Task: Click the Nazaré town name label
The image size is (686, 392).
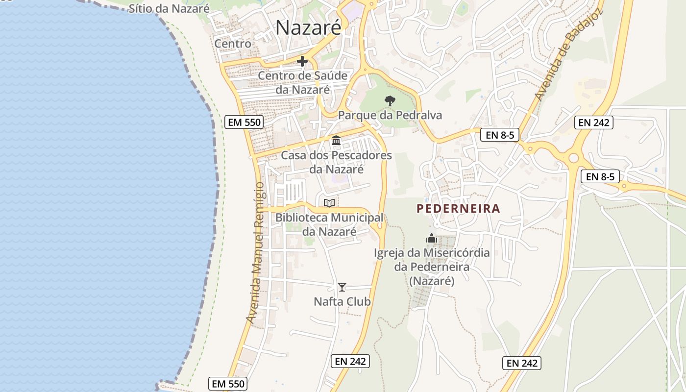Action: click(x=308, y=27)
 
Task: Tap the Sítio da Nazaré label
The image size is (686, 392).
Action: click(x=169, y=8)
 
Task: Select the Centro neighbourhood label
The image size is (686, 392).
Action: click(x=233, y=44)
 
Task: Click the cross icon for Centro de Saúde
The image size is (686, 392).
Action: click(x=302, y=61)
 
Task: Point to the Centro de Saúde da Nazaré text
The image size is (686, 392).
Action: click(x=302, y=83)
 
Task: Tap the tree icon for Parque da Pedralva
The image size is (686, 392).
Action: click(x=390, y=101)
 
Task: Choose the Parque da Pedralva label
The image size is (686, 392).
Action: click(x=390, y=115)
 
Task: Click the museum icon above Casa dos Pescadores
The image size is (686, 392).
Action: click(x=336, y=141)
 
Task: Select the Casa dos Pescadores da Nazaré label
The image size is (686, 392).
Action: click(x=336, y=162)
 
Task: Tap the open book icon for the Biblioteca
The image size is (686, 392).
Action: click(x=329, y=203)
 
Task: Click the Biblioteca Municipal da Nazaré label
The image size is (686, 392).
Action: click(x=329, y=224)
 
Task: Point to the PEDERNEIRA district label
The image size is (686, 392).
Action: click(x=458, y=209)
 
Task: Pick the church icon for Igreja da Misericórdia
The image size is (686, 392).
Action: click(x=432, y=239)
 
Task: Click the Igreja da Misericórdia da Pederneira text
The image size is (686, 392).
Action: click(x=432, y=267)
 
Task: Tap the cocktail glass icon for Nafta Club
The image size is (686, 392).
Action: click(x=342, y=287)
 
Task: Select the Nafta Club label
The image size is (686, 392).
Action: click(x=342, y=301)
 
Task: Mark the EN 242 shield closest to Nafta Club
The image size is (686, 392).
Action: click(x=350, y=361)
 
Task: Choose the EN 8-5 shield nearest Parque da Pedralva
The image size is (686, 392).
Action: click(x=500, y=135)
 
